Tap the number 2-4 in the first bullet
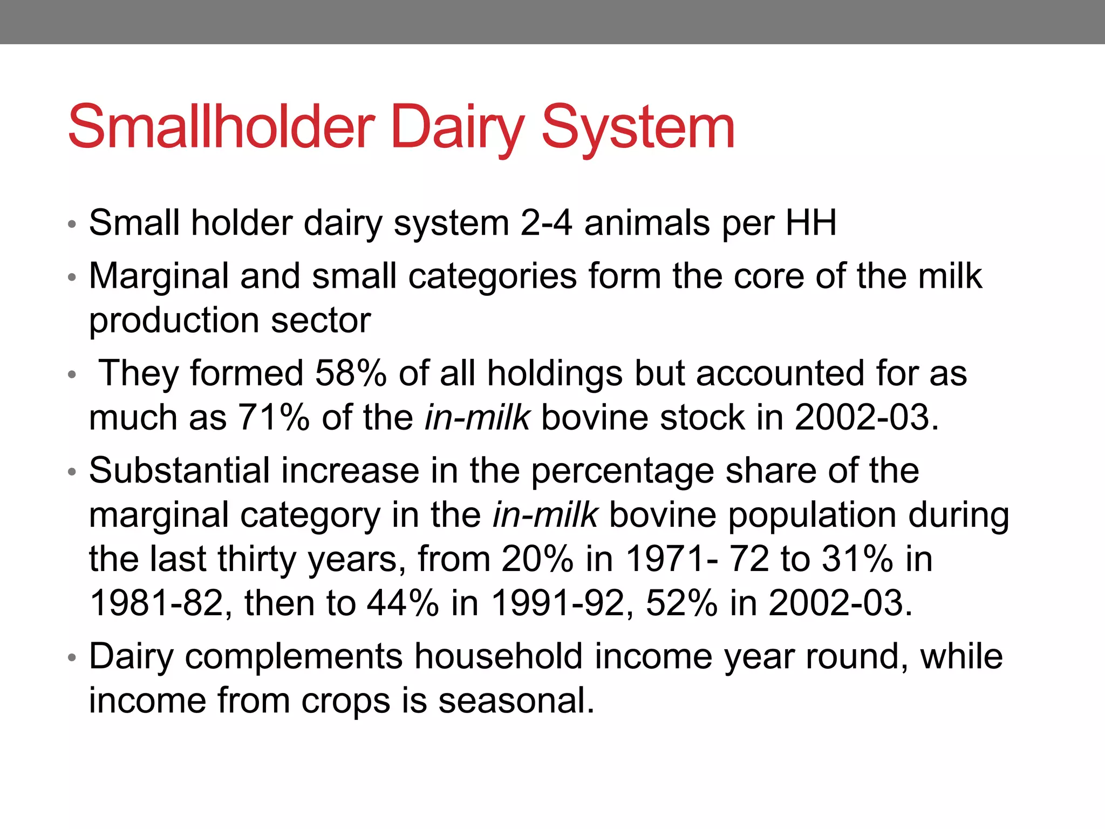point(545,223)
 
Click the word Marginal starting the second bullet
point(159,276)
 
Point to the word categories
point(492,276)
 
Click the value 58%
point(351,373)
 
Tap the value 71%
point(274,417)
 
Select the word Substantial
point(179,470)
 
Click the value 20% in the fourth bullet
point(537,559)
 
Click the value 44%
point(403,603)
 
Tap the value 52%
point(681,603)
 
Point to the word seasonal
point(516,701)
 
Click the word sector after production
point(320,321)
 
